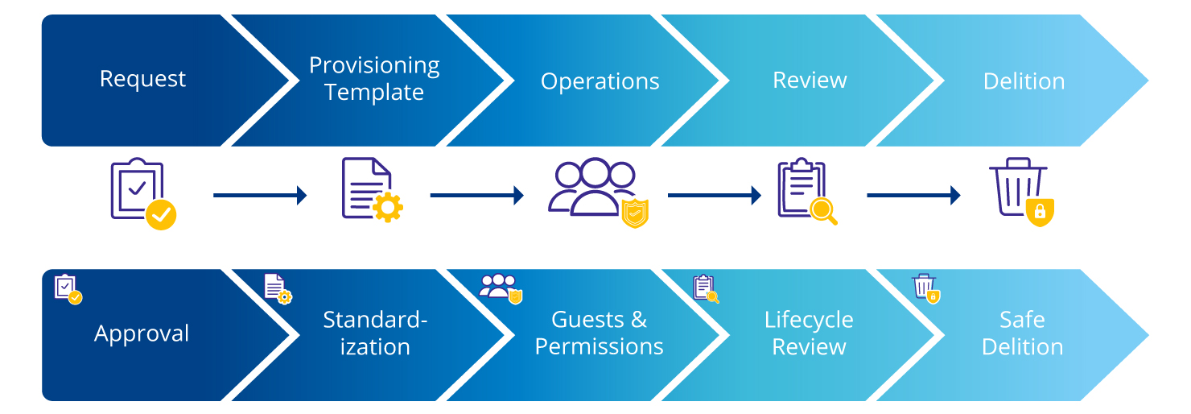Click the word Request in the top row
pyautogui.click(x=142, y=79)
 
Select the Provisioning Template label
pyautogui.click(x=374, y=79)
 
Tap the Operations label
pyautogui.click(x=600, y=81)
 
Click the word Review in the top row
pyautogui.click(x=810, y=80)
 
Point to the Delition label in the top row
pyautogui.click(x=1024, y=81)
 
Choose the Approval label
pyautogui.click(x=142, y=333)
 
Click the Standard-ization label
pyautogui.click(x=374, y=333)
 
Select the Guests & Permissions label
pyautogui.click(x=599, y=333)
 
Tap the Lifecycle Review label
pyautogui.click(x=809, y=333)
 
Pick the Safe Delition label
pyautogui.click(x=1022, y=333)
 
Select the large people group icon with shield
pyautogui.click(x=596, y=191)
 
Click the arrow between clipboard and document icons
pyautogui.click(x=260, y=195)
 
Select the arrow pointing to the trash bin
pyautogui.click(x=913, y=195)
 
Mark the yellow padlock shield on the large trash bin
pyautogui.click(x=1040, y=212)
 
